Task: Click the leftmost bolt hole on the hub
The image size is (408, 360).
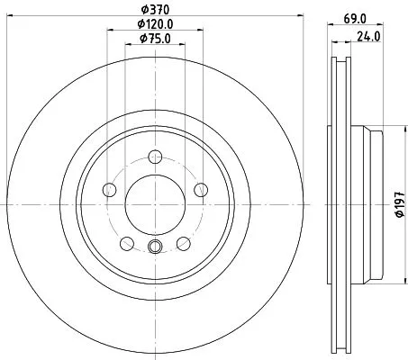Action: pyautogui.click(x=110, y=189)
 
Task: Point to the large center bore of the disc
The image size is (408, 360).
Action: pyautogui.click(x=152, y=202)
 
